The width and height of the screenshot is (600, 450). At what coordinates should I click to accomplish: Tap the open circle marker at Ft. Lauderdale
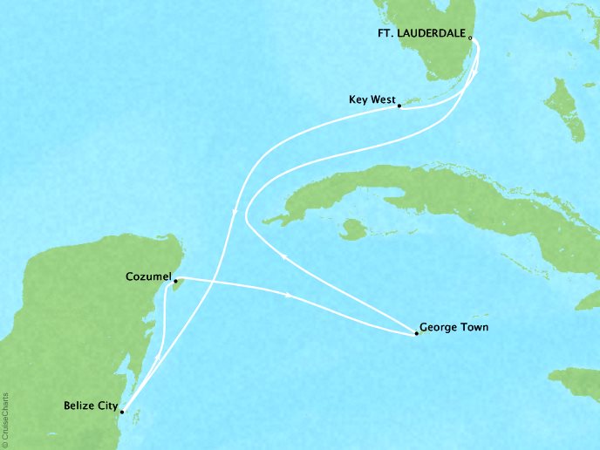pyautogui.click(x=470, y=37)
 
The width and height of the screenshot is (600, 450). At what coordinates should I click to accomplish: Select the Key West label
pyautogui.click(x=369, y=100)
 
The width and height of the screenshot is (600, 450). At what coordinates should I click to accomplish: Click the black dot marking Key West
pyautogui.click(x=399, y=106)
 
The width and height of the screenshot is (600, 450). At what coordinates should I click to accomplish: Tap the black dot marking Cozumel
pyautogui.click(x=175, y=281)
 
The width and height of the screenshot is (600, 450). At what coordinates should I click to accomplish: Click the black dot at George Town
pyautogui.click(x=416, y=333)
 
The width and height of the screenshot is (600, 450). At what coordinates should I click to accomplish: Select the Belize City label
pyautogui.click(x=91, y=406)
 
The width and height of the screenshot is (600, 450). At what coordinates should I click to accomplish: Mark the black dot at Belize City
pyautogui.click(x=122, y=412)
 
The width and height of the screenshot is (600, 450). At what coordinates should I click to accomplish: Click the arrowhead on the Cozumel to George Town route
pyautogui.click(x=288, y=297)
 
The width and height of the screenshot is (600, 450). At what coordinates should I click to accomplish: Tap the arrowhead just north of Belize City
pyautogui.click(x=155, y=359)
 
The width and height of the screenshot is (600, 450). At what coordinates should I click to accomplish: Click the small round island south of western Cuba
pyautogui.click(x=353, y=230)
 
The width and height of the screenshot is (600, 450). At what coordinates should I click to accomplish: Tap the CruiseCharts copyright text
pyautogui.click(x=6, y=410)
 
